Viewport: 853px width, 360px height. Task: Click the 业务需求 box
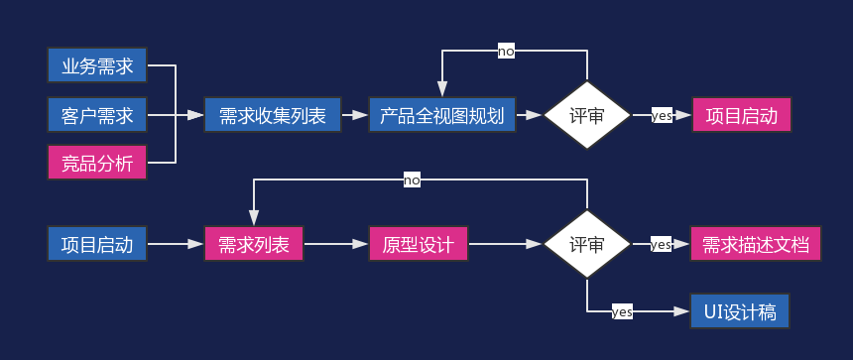[97, 66]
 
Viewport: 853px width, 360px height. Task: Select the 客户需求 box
[97, 115]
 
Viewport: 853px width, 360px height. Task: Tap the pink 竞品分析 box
[97, 163]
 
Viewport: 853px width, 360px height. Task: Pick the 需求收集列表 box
[273, 115]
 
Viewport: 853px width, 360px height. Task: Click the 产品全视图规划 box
[441, 115]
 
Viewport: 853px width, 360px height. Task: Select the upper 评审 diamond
[587, 115]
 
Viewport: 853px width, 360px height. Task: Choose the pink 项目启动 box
[741, 115]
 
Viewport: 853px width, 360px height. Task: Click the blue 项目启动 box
[97, 244]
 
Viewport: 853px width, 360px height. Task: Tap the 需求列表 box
[254, 244]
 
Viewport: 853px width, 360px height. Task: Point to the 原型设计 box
[418, 244]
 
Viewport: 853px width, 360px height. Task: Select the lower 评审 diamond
[587, 244]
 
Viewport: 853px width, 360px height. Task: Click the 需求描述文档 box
[756, 244]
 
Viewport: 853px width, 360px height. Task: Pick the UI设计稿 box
[740, 311]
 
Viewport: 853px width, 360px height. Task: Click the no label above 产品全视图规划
[506, 52]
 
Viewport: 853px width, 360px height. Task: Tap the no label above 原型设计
[412, 180]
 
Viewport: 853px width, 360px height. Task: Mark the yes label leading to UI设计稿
[622, 311]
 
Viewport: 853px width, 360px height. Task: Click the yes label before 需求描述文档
[661, 244]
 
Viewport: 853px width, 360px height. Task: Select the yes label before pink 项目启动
[662, 115]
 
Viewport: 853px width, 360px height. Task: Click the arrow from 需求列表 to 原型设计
[336, 244]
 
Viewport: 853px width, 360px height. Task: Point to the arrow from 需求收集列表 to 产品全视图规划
[355, 115]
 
